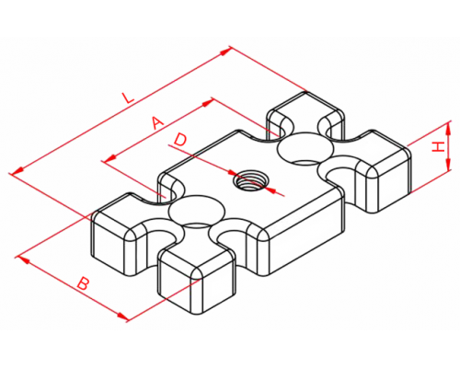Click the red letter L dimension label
tap(128, 98)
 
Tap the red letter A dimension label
tap(157, 123)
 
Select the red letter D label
tap(180, 140)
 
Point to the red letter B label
tap(83, 283)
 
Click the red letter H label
tap(439, 147)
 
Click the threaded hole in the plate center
tap(249, 181)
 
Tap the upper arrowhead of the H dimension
tap(448, 128)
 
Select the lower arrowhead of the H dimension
tap(448, 164)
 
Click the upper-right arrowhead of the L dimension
tap(224, 52)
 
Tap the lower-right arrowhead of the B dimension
tap(122, 316)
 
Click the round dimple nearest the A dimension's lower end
tap(197, 210)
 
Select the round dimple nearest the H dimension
tap(305, 148)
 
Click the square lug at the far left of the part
tap(121, 235)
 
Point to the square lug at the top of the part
tap(305, 118)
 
